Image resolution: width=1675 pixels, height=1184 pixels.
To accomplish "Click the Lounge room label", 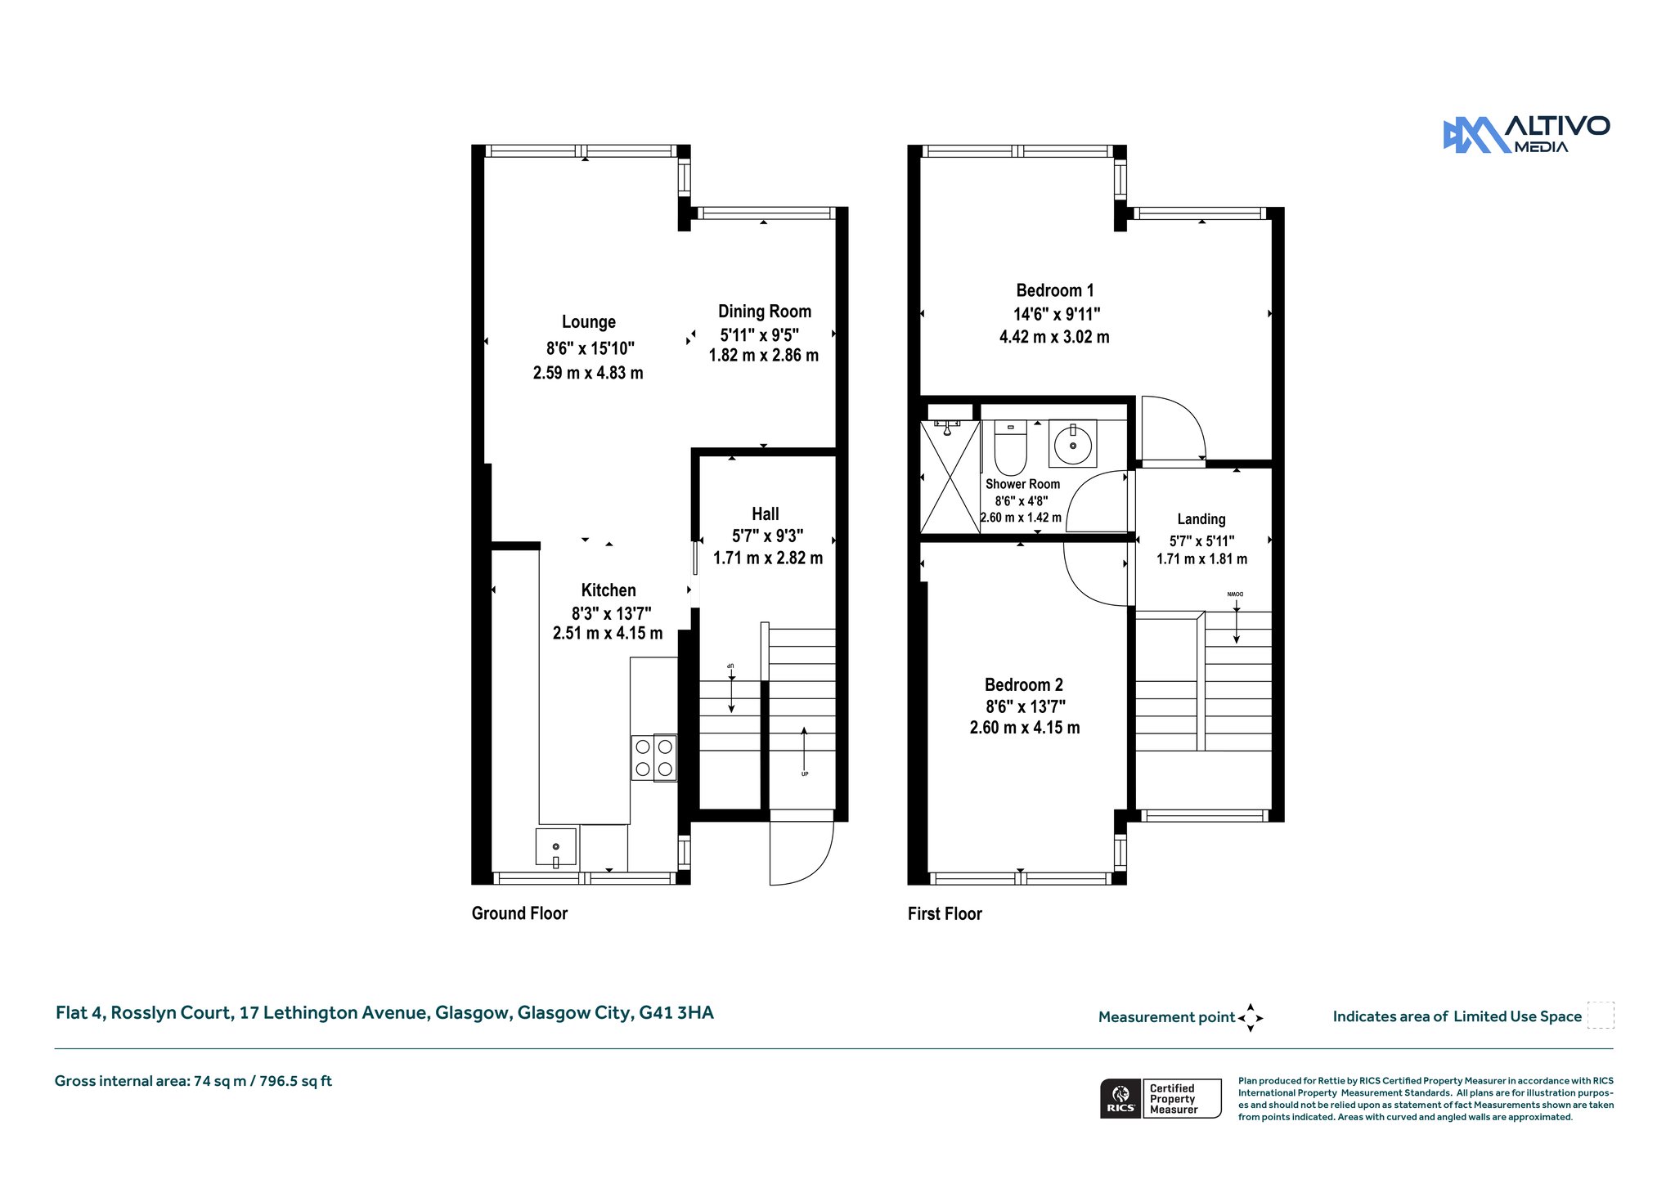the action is click(x=589, y=322).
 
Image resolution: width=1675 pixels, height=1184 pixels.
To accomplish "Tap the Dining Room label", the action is click(x=765, y=312).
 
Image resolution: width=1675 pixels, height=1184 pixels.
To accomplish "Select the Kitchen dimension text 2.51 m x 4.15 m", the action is click(x=608, y=633).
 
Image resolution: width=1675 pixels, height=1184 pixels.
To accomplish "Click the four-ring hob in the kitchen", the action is click(x=654, y=757).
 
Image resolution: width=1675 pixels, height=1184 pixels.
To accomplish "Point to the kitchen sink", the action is click(x=556, y=846).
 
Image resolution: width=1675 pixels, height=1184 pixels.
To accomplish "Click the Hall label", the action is click(x=766, y=514).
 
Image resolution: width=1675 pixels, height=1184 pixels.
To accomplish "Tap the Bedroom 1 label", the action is click(x=1055, y=290).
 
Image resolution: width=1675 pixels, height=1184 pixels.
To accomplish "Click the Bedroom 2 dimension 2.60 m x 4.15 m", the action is click(x=1025, y=728).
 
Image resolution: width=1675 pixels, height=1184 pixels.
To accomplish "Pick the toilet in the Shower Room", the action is click(x=1011, y=447).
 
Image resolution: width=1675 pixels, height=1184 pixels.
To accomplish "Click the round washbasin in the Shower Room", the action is click(x=1073, y=445).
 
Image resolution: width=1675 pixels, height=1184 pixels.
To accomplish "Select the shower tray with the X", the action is click(x=950, y=477).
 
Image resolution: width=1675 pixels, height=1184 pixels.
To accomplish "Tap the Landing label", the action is click(x=1201, y=519).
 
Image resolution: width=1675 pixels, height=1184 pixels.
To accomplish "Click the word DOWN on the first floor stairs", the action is click(x=1236, y=594).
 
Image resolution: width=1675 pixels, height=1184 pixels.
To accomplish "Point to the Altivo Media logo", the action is click(x=1526, y=134).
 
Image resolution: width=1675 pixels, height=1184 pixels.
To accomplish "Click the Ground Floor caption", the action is click(x=519, y=913).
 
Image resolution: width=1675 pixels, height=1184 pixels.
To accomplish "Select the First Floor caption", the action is click(x=945, y=913).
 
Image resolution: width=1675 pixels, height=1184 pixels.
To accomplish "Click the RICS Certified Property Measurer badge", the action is click(x=1161, y=1098).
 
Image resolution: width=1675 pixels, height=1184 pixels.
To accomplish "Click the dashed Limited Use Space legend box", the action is click(x=1601, y=1016).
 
